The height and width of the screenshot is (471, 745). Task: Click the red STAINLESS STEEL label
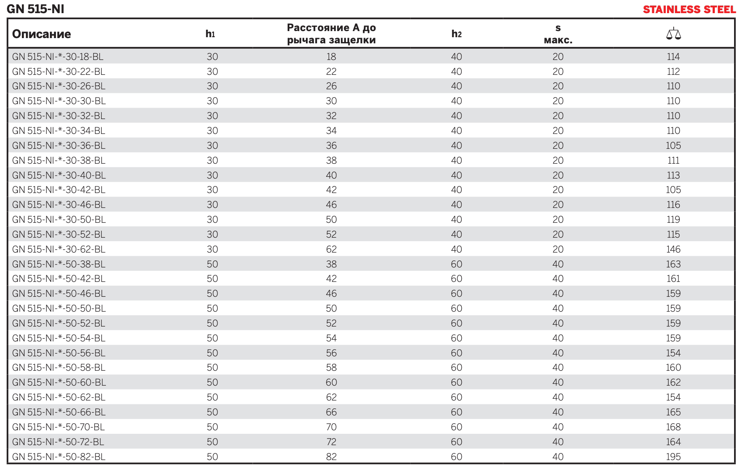pos(689,10)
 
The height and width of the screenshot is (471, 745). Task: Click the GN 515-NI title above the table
pos(35,9)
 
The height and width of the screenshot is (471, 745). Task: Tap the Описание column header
pos(41,34)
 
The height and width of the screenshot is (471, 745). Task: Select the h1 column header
pos(210,34)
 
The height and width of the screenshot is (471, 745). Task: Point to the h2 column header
pos(456,34)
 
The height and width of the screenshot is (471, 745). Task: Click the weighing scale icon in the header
pos(674,34)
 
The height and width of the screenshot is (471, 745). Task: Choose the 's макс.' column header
pos(558,34)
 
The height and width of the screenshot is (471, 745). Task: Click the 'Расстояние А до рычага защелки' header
pos(331,34)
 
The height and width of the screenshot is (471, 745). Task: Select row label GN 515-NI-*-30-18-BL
pos(57,57)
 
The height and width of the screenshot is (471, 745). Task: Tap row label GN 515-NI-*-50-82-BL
pos(59,457)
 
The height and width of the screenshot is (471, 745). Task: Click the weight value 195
pos(673,457)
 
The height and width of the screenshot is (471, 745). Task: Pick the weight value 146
pos(673,249)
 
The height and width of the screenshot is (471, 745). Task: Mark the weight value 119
pos(673,220)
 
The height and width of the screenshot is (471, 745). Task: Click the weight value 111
pos(673,160)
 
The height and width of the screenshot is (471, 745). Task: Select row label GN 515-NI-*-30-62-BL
pos(59,249)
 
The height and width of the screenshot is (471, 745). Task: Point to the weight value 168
pos(673,427)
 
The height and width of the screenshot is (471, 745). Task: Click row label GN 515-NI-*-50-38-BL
pos(59,264)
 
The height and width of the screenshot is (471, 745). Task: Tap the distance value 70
pos(331,427)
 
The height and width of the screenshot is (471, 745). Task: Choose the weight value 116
pos(673,204)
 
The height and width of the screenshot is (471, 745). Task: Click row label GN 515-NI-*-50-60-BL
pos(59,382)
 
